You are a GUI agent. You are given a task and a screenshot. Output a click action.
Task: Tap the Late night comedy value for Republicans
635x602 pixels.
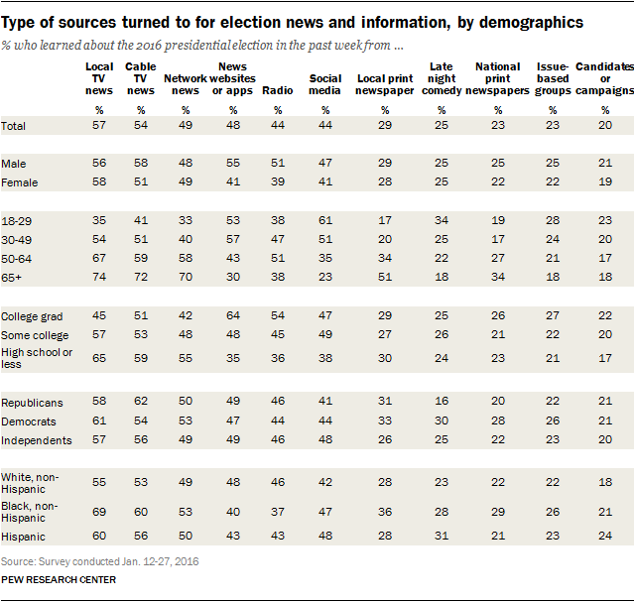(441, 403)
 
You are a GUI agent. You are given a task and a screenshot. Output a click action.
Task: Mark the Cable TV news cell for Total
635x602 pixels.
(140, 126)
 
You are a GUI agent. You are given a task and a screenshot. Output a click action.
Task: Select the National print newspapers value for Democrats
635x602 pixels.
(497, 421)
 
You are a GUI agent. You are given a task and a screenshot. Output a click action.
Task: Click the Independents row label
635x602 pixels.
(37, 440)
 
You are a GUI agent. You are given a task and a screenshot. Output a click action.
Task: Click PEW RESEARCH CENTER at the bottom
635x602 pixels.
(60, 580)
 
